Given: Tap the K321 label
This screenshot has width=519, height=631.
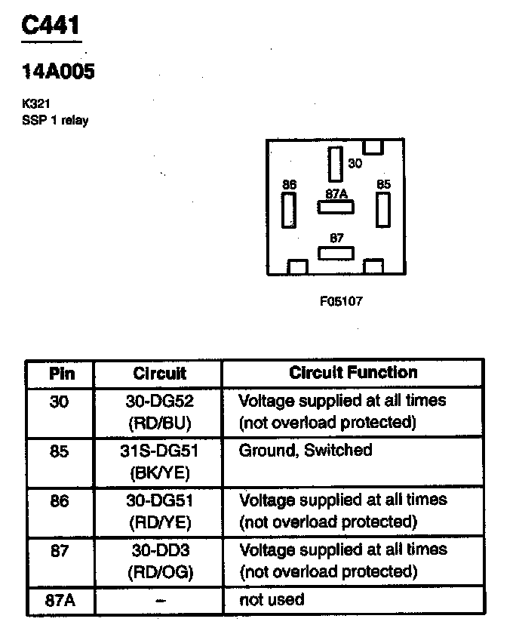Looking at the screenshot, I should [x=36, y=105].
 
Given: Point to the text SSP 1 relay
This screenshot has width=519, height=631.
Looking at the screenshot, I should [x=55, y=120].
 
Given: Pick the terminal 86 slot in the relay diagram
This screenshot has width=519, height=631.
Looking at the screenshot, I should [x=288, y=210].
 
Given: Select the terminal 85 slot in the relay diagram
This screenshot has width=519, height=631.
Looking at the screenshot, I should [x=383, y=209].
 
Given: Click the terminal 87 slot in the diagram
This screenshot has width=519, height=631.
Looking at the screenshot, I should [x=336, y=252].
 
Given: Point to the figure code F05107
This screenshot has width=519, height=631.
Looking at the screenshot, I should [x=341, y=300].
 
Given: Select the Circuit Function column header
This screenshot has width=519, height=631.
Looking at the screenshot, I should [x=352, y=372].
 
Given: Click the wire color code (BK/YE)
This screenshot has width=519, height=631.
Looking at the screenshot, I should [x=160, y=472].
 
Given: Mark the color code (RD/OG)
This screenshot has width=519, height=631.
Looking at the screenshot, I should [x=160, y=572].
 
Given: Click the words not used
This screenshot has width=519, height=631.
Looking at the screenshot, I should [x=272, y=600].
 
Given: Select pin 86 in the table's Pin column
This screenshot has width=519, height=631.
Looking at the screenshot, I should [x=59, y=500].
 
